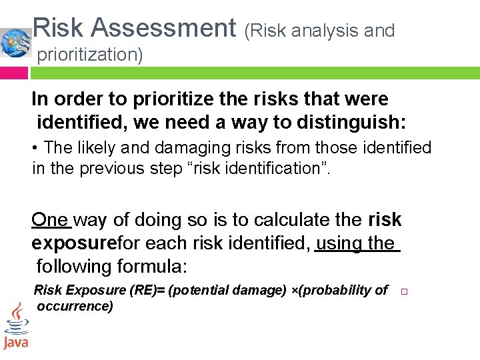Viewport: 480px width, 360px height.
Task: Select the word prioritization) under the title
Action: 90,55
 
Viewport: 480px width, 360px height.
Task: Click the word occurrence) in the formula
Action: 75,306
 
